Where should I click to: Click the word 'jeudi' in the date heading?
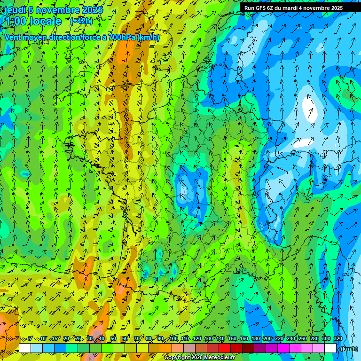click(x=14, y=10)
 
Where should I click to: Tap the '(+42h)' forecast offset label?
click(x=81, y=21)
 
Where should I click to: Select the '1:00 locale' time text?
click(x=32, y=21)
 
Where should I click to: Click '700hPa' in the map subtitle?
click(x=121, y=37)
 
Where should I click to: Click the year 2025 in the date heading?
click(x=92, y=10)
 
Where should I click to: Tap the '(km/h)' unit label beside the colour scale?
click(x=348, y=349)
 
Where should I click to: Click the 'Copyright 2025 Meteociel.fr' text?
click(x=199, y=358)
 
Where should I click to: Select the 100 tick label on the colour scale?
click(x=173, y=338)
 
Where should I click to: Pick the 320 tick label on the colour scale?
click(x=337, y=338)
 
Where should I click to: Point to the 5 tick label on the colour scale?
click(x=31, y=338)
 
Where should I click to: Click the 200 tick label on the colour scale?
click(x=267, y=338)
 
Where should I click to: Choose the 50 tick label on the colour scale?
click(x=113, y=338)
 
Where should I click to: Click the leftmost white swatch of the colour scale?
click(x=25, y=348)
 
